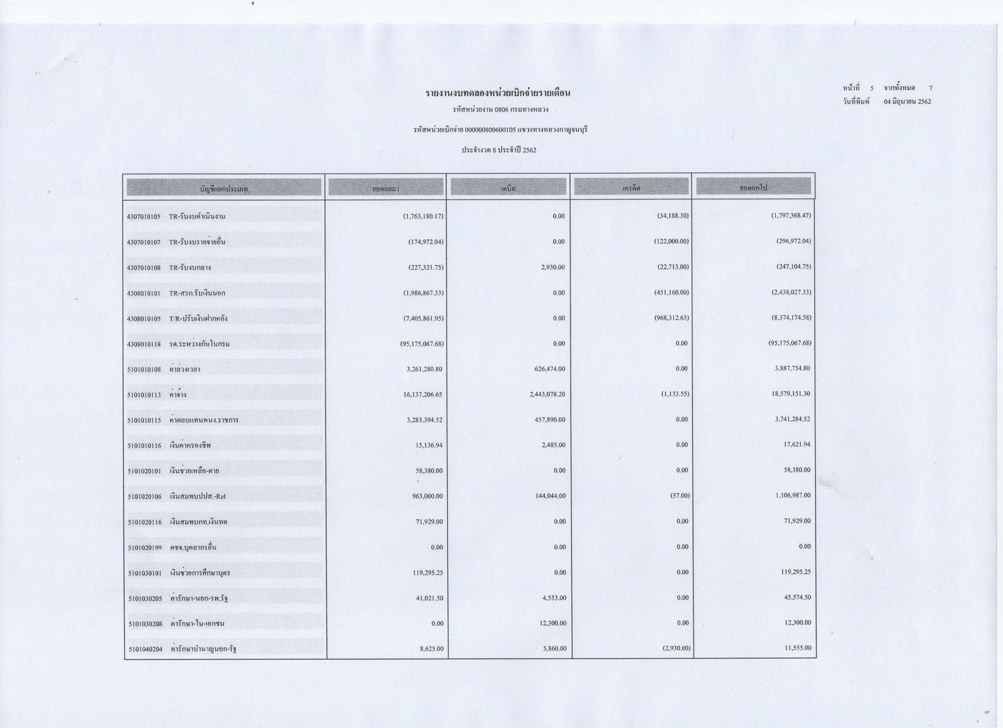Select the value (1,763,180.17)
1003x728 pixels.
[x=423, y=216]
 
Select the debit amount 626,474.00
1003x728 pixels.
[x=550, y=369]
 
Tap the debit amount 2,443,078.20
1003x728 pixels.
[x=547, y=394]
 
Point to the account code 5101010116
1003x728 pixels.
[x=144, y=446]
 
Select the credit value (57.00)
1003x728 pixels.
[x=680, y=496]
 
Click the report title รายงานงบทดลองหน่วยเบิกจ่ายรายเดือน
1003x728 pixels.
[x=498, y=93]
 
